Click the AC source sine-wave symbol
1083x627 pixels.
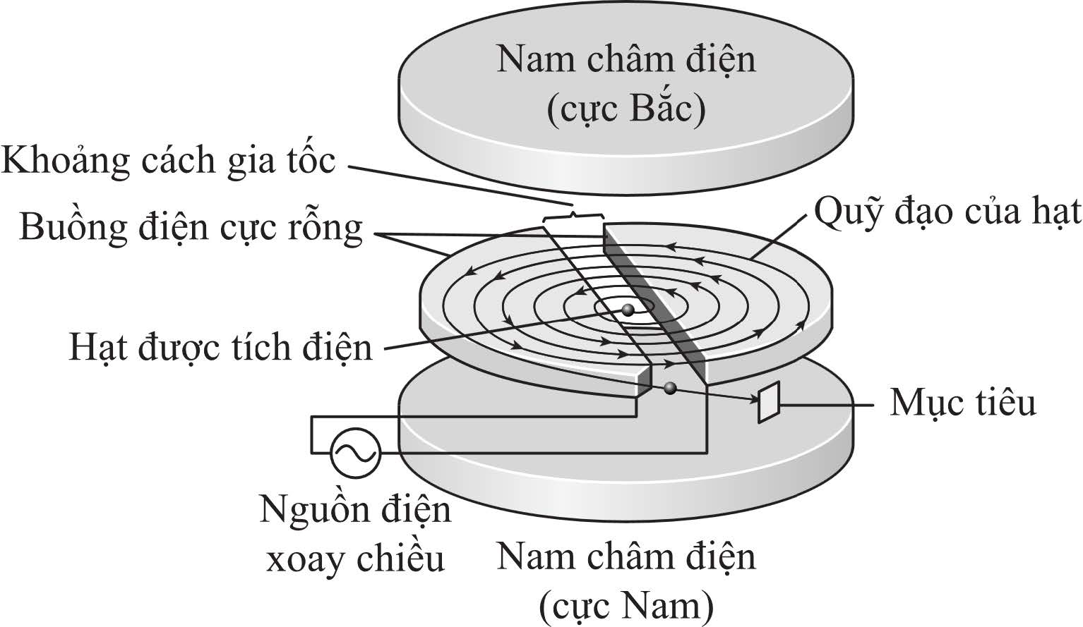[355, 453]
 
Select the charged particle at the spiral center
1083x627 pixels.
[628, 310]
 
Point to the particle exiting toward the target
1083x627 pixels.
[669, 387]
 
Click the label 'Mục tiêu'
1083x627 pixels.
[963, 403]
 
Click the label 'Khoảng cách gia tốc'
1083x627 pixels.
[168, 162]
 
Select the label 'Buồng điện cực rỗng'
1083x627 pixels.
[191, 228]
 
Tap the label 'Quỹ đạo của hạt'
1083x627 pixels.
[947, 213]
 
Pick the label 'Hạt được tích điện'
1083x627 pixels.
[221, 348]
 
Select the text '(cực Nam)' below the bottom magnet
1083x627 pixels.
[626, 607]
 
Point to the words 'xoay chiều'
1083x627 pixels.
[355, 560]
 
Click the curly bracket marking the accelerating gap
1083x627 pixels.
[573, 218]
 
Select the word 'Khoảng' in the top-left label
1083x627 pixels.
[66, 162]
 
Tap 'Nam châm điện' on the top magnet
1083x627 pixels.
[626, 61]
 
